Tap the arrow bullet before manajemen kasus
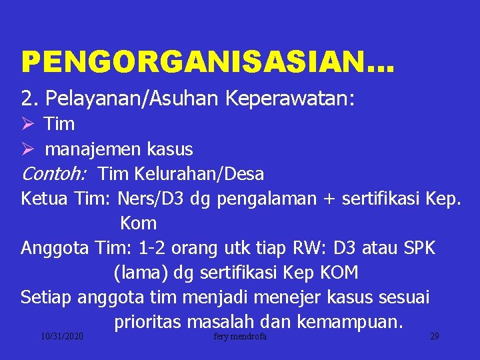(x=27, y=149)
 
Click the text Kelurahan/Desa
(x=199, y=174)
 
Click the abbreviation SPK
(x=420, y=248)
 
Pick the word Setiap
(x=46, y=297)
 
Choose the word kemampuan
(x=349, y=322)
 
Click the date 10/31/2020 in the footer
(x=61, y=337)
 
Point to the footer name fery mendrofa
(x=240, y=337)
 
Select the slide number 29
(x=434, y=337)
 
